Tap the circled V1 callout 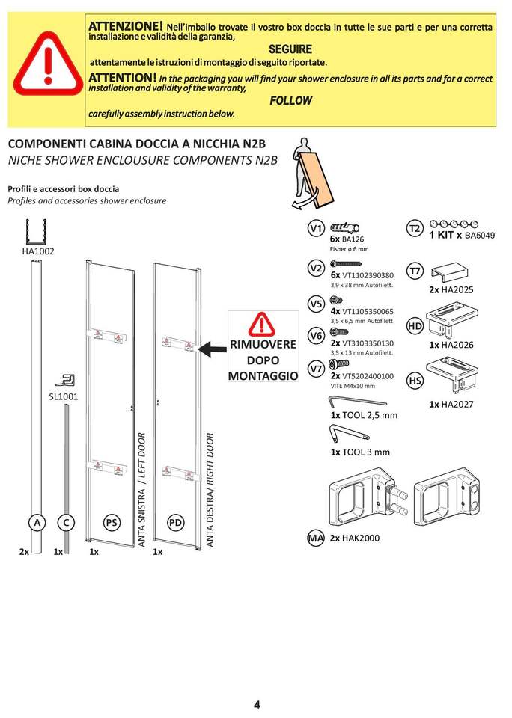(x=316, y=228)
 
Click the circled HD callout (x=415, y=325)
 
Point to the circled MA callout (x=315, y=538)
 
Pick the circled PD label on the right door (x=176, y=523)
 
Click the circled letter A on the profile (x=36, y=523)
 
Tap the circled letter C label (x=67, y=523)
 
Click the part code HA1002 (x=37, y=252)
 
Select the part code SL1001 (x=64, y=396)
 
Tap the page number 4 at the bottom (x=257, y=705)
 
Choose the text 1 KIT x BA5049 (x=462, y=235)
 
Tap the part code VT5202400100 (x=368, y=376)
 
